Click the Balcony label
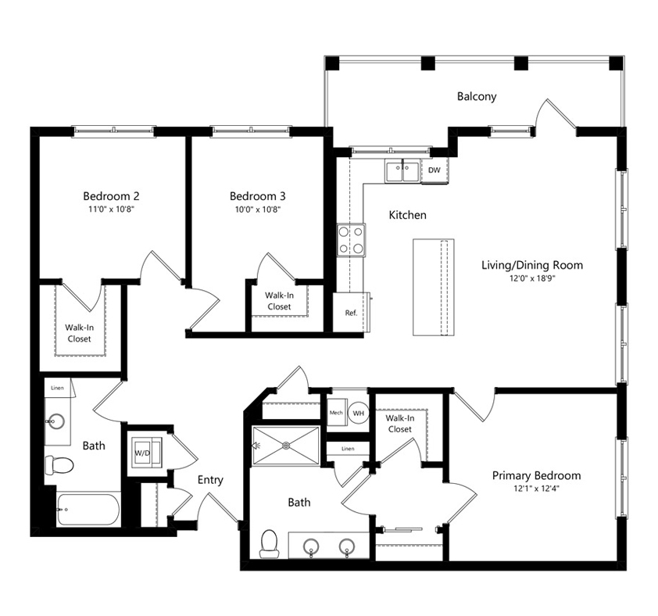[476, 97]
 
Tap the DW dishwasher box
[434, 170]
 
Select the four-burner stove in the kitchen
[351, 240]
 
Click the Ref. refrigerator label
[351, 313]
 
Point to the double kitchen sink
[402, 171]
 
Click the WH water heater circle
[358, 414]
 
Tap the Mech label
[336, 413]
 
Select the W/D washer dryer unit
[146, 453]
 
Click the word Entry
[210, 480]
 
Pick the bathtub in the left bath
[88, 509]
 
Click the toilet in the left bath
[59, 465]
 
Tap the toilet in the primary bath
[269, 543]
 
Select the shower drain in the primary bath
[287, 445]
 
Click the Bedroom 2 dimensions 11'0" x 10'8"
[111, 210]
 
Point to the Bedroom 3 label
[258, 196]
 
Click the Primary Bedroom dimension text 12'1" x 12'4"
[537, 489]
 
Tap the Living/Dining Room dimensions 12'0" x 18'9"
[532, 278]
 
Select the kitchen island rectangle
[434, 287]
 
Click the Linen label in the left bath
[58, 388]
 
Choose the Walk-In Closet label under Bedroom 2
[79, 333]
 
